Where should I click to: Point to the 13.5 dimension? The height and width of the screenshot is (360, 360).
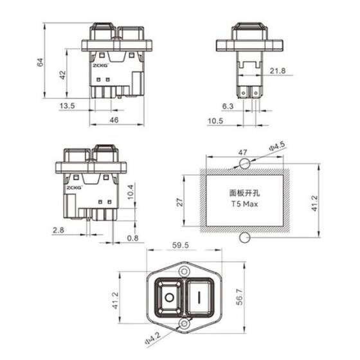[66, 105]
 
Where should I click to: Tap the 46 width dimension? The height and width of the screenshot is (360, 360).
[114, 120]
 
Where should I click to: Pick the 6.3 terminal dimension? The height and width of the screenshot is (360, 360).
[227, 105]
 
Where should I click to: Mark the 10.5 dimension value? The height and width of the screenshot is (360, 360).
[215, 120]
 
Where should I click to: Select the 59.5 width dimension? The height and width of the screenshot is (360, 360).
[181, 245]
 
